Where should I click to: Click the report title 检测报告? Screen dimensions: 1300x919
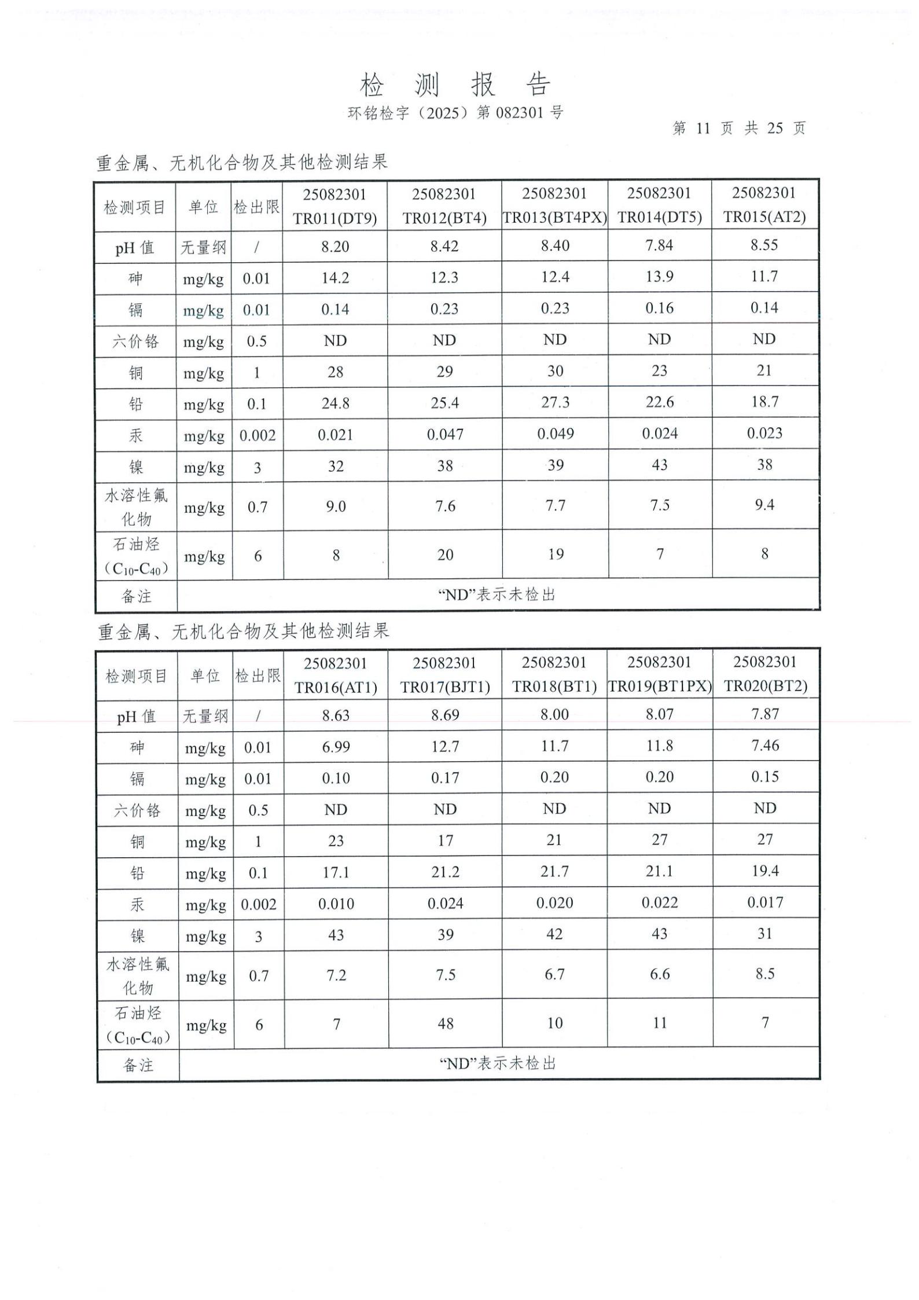455,85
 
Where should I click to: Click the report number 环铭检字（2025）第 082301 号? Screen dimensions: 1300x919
455,112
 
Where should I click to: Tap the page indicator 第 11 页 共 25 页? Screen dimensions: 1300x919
739,128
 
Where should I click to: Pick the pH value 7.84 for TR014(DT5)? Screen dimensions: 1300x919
659,245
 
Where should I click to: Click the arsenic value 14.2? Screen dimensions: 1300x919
335,278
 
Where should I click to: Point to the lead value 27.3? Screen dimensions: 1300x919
555,402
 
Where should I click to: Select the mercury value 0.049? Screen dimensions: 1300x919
555,434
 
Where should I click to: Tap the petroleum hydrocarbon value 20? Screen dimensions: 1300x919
444,555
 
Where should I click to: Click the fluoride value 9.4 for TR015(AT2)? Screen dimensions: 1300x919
764,505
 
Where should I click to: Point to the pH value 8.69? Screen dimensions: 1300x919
445,715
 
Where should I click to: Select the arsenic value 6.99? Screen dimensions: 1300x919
336,747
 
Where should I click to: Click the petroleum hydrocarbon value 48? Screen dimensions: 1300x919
445,1023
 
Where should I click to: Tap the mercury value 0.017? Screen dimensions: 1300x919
765,902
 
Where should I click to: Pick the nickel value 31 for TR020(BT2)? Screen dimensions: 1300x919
765,934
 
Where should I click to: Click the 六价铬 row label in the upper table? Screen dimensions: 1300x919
135,341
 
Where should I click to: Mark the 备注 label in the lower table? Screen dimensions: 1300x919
138,1065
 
